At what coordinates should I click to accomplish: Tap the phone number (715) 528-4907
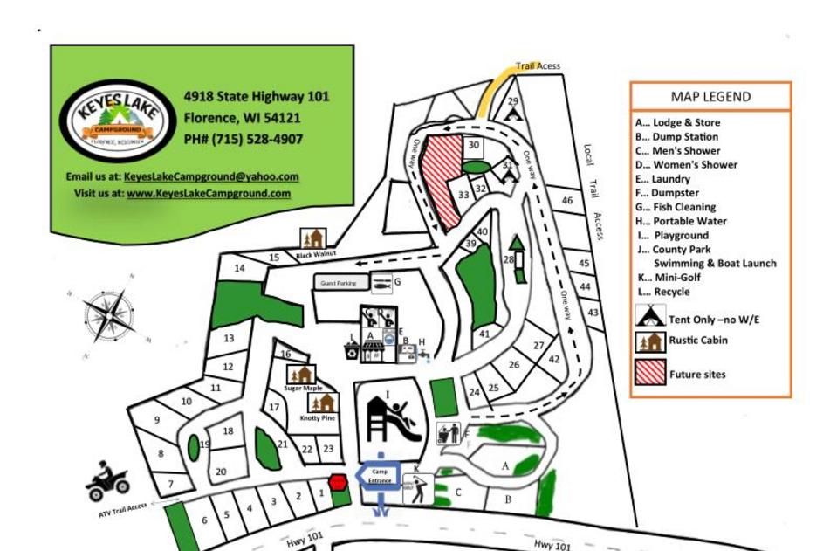[244, 140]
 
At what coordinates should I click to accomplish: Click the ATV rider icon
[107, 482]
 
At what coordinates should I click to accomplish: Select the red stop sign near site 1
[338, 481]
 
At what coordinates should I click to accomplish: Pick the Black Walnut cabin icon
[312, 238]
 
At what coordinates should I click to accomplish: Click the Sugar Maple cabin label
[303, 388]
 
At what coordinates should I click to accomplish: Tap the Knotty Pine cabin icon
[324, 403]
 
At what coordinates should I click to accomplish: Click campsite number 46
[567, 201]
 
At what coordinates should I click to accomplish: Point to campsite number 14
[239, 268]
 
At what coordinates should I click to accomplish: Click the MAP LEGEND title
[710, 97]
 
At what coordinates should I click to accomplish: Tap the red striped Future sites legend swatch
[650, 373]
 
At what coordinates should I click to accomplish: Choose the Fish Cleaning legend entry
[675, 207]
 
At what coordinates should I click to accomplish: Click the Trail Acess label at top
[538, 66]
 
